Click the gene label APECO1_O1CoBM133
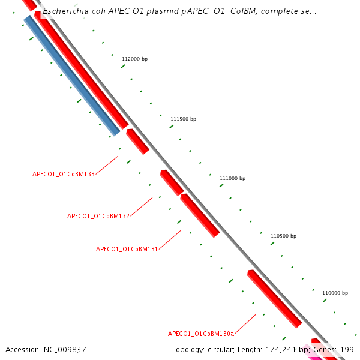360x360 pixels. click(x=64, y=174)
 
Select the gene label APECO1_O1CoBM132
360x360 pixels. click(x=98, y=216)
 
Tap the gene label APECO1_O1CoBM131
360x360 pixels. click(x=127, y=249)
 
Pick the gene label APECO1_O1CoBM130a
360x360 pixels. click(x=201, y=334)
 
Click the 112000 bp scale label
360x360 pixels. click(x=134, y=59)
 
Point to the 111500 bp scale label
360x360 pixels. click(x=183, y=119)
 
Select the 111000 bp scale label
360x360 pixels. click(x=232, y=178)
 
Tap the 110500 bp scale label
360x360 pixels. click(x=283, y=236)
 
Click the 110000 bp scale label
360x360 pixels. click(x=335, y=293)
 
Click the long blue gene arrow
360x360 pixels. click(x=72, y=76)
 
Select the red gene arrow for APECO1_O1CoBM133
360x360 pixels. click(x=137, y=142)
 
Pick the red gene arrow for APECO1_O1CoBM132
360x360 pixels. click(x=172, y=183)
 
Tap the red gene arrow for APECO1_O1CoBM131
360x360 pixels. click(x=200, y=215)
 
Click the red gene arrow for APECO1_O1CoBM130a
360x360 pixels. click(x=274, y=299)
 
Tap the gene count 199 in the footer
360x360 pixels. click(x=347, y=349)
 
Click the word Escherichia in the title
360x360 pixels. click(x=64, y=11)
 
